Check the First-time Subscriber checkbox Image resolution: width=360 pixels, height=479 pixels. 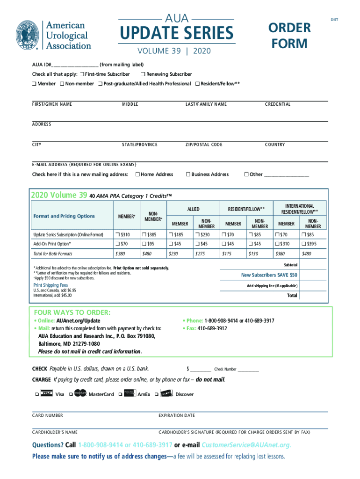pos(82,74)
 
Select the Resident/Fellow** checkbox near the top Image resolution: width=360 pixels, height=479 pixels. pos(197,84)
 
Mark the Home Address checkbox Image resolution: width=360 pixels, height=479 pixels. pos(137,174)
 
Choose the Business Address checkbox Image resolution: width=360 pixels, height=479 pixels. pos(187,174)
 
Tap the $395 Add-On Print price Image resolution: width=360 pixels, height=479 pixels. pos(309,244)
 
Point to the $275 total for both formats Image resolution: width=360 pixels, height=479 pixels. pos(201,254)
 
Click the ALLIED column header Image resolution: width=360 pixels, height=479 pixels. pos(193,209)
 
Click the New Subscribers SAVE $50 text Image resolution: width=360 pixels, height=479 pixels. pos(269,275)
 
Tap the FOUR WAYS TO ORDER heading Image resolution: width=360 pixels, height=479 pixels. pos(72,312)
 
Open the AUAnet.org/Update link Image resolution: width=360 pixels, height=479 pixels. pos(78,321)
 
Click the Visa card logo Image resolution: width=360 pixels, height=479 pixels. pos(46,394)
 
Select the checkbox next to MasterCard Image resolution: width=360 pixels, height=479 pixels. pos(71,394)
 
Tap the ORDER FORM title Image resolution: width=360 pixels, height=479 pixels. pos(290,36)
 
